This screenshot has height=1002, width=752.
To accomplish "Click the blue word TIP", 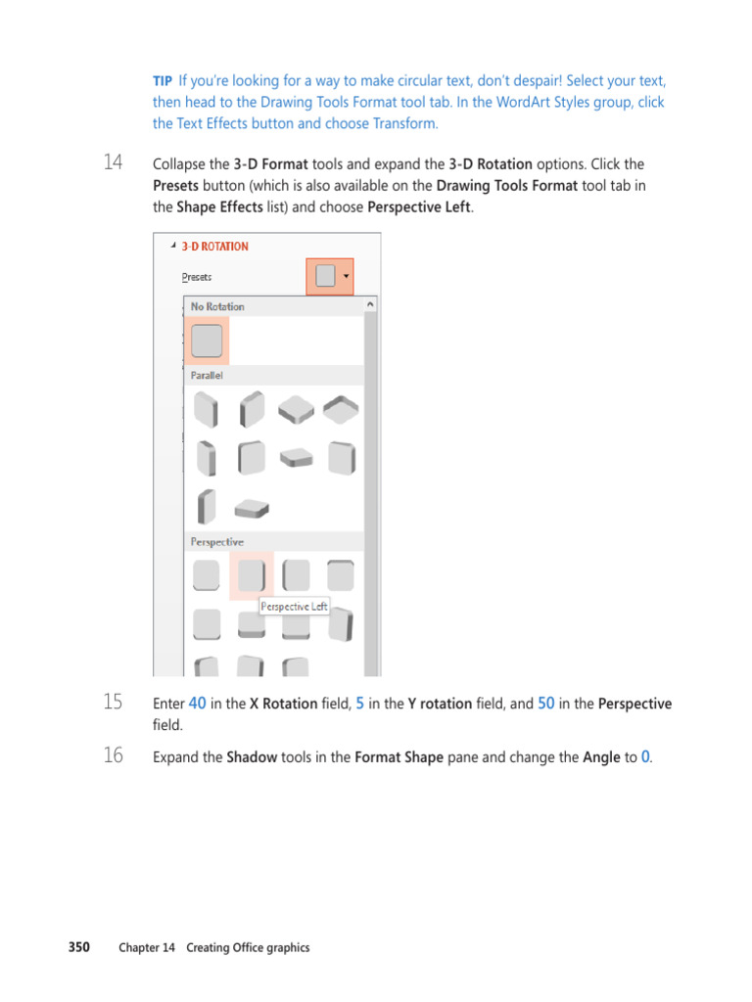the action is coord(163,81).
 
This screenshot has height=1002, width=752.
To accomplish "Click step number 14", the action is coord(114,162).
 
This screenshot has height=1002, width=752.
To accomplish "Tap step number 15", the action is coord(114,702).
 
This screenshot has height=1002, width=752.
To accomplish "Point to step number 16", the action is coord(114,755).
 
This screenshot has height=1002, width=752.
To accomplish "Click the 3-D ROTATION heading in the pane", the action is coord(214,247).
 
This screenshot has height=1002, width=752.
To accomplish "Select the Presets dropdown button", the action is coord(330,276).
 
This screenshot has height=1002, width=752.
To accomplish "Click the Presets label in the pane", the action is coord(196,277).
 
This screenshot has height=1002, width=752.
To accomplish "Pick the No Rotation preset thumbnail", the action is coord(207,341).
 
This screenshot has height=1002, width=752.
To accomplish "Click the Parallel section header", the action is coord(207,375).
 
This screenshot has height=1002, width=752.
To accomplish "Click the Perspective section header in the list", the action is coord(216,542).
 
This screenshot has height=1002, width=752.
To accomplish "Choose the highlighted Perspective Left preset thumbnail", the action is coord(252,575).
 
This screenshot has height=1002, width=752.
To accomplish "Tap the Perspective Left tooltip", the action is coord(294,607).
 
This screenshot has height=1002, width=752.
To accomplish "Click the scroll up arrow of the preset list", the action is coord(370,305).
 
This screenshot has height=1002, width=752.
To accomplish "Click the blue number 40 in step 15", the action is coord(197,704).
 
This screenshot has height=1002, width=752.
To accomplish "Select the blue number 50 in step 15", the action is coord(546,704).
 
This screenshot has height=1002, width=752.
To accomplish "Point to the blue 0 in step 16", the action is coord(645,757).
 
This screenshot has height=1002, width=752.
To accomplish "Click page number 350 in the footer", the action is coord(79,947).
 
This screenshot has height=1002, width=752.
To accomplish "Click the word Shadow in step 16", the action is coord(252,757).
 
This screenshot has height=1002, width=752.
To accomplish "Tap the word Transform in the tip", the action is coord(404,123).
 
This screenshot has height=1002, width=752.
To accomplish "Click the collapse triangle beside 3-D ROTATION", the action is coord(173,246).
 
